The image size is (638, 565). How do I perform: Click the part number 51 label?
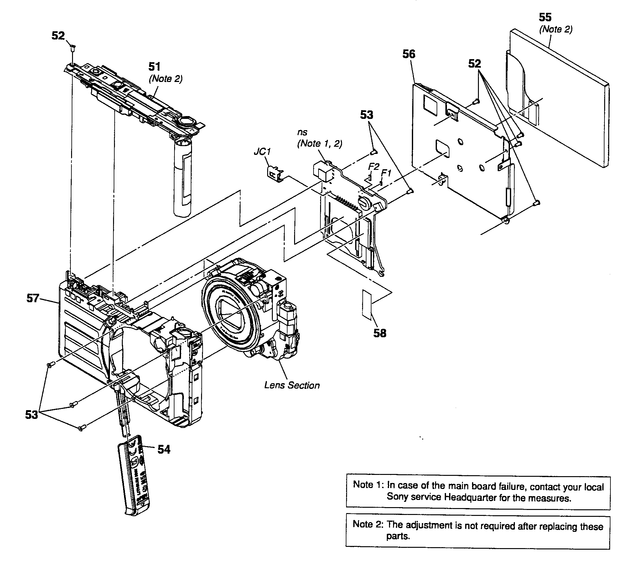[x=154, y=67]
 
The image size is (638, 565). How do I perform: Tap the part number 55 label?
[x=545, y=17]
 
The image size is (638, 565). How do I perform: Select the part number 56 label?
[x=409, y=54]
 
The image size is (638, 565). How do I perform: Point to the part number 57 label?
[x=33, y=298]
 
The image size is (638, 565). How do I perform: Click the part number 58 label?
[x=380, y=333]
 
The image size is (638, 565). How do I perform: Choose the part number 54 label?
[x=163, y=450]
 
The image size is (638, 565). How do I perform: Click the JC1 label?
[x=262, y=152]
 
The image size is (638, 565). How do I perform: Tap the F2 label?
[x=373, y=166]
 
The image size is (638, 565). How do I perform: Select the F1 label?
[x=386, y=173]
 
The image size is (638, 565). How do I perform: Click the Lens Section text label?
[x=292, y=385]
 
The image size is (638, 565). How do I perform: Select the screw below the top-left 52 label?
[x=73, y=48]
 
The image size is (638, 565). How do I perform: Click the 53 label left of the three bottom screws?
[x=31, y=415]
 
